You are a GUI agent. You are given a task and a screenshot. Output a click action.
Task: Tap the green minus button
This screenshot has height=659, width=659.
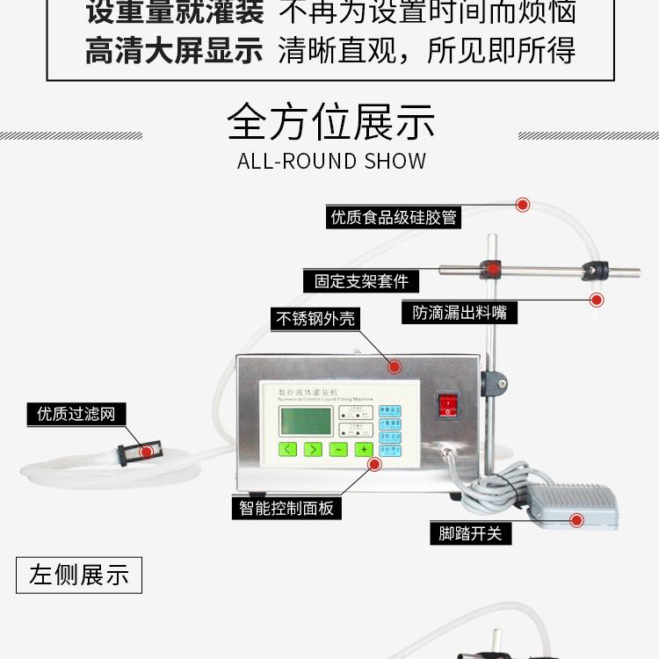(338, 449)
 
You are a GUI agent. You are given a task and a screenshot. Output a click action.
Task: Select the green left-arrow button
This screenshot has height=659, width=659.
(287, 449)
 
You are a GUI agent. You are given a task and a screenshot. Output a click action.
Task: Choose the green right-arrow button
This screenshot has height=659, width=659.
(313, 449)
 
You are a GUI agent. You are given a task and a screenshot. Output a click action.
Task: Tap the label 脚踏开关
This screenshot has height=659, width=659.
(470, 532)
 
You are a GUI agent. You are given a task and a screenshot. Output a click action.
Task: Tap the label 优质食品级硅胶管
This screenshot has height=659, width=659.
(395, 217)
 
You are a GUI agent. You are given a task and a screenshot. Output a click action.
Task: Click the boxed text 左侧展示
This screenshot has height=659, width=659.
(79, 576)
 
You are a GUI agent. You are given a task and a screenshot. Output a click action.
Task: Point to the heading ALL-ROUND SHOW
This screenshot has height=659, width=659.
(331, 161)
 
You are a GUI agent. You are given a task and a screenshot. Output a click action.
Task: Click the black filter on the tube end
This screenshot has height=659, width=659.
(132, 452)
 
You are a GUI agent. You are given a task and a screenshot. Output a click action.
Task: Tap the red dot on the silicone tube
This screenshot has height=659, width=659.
(523, 205)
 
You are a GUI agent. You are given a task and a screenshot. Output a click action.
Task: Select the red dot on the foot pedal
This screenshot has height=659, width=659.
(576, 520)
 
